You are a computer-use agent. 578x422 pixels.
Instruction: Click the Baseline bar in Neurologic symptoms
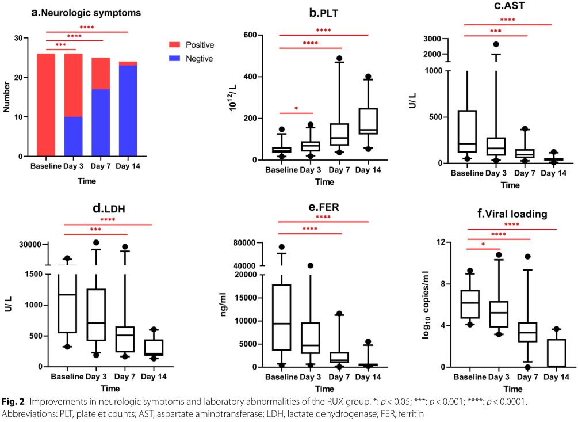(x=46, y=105)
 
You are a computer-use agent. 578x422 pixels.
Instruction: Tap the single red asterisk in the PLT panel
(x=296, y=109)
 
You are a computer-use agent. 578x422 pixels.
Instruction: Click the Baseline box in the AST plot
(x=467, y=131)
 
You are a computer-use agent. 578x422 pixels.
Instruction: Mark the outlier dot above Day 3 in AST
(x=496, y=44)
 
